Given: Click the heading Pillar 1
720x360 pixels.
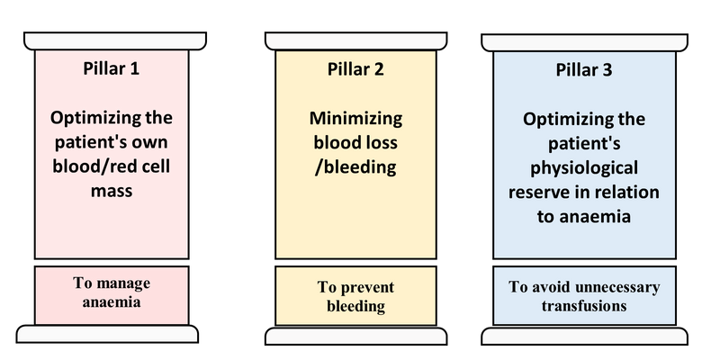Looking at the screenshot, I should point(112,67).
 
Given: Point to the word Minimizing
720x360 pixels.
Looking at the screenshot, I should point(356,118).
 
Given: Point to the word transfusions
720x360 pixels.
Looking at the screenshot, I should point(584,305).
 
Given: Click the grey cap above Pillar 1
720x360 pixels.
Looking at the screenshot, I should point(112,40).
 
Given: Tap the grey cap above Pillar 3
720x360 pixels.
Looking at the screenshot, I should point(583,41).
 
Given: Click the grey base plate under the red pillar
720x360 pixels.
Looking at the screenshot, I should point(112,334).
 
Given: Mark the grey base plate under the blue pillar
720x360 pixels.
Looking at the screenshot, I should point(583,335).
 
